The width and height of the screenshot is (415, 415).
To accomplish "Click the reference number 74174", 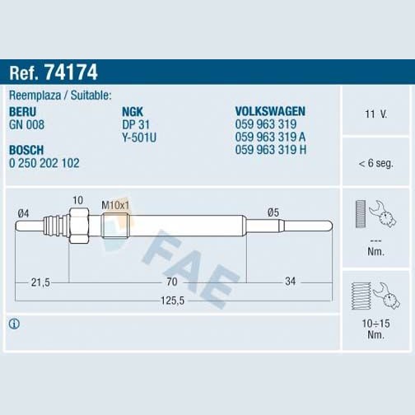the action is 71,72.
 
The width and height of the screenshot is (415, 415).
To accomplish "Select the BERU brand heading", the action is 22,112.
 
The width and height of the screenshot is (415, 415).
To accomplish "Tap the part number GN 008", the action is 26,124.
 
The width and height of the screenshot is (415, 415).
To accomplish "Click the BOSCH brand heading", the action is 26,150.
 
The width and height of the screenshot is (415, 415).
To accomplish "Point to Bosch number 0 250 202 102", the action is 44,163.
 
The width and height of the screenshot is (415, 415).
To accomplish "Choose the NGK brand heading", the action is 133,112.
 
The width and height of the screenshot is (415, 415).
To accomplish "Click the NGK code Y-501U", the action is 139,138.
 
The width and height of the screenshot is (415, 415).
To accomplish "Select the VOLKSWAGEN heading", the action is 270,111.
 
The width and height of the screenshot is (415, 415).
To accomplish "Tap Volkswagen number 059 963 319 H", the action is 271,150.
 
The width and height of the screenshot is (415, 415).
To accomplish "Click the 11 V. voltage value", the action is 375,114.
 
